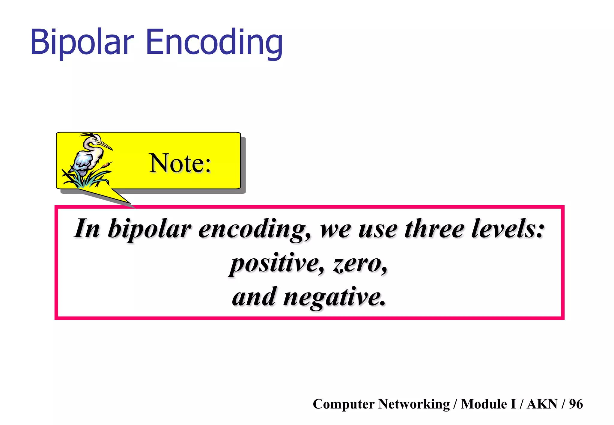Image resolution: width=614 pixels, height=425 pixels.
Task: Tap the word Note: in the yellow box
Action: [180, 163]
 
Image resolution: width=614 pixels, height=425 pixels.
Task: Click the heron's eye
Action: [96, 140]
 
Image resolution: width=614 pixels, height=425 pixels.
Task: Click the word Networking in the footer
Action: [414, 404]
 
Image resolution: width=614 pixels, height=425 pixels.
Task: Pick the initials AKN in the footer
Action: [542, 404]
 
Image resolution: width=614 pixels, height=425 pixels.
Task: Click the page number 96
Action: [576, 404]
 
